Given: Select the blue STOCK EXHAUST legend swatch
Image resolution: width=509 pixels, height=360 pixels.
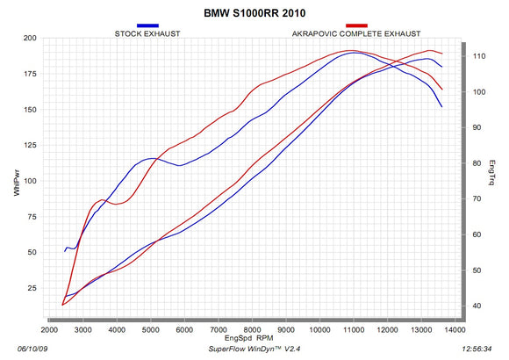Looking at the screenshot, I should (x=147, y=26).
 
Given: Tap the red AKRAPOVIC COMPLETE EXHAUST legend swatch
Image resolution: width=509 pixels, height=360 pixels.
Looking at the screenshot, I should (x=357, y=26).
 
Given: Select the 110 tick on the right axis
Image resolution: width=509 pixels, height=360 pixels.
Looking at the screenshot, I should (x=479, y=56).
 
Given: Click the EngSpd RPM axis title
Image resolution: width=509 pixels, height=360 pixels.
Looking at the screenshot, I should (x=249, y=338).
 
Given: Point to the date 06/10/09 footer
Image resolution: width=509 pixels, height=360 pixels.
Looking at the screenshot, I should (x=20, y=348).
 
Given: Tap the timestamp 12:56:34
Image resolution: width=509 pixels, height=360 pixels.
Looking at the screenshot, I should (x=485, y=348).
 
